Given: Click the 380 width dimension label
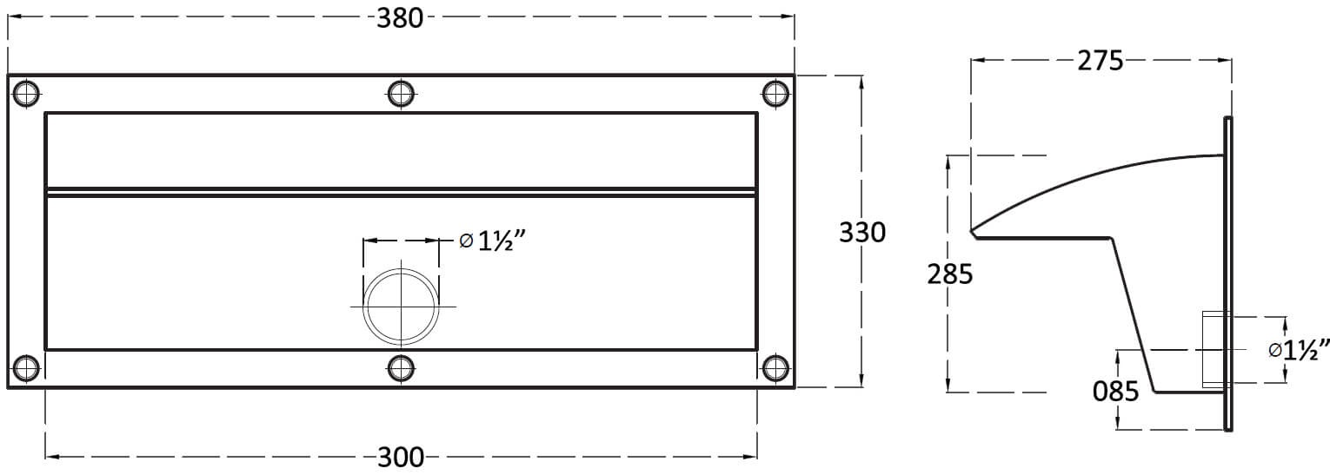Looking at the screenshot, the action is [x=400, y=18].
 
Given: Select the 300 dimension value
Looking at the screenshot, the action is [x=401, y=458].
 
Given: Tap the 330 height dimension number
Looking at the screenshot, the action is [x=862, y=233].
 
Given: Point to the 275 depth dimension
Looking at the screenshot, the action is [x=1101, y=61].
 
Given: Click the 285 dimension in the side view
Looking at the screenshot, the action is [x=950, y=274].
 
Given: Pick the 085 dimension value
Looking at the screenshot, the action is [x=1115, y=392].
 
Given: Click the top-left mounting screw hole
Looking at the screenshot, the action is [x=26, y=94].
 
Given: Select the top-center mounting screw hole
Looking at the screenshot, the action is [x=401, y=94].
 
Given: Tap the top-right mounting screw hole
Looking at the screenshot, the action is [x=775, y=94].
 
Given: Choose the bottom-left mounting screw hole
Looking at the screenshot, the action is [x=26, y=368].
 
